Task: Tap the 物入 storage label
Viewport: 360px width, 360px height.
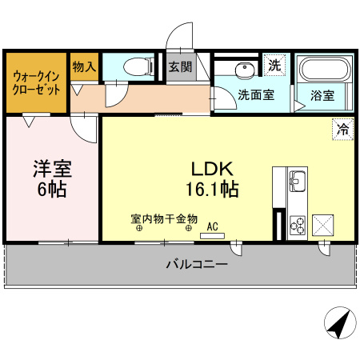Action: pos(84,67)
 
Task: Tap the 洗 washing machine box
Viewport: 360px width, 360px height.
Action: pos(275,64)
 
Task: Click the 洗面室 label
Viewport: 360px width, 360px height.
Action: pos(256,94)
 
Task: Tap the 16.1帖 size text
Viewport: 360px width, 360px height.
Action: pos(211,190)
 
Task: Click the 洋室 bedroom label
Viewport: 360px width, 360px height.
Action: pos(52,170)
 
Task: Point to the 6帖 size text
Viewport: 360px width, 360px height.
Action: pos(52,190)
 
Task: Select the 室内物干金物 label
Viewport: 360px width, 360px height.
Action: pos(164,217)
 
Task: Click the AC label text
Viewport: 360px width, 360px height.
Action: pos(212,226)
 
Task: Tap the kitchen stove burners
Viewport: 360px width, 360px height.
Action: pos(298,225)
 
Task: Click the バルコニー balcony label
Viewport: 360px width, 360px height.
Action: pos(197,263)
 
